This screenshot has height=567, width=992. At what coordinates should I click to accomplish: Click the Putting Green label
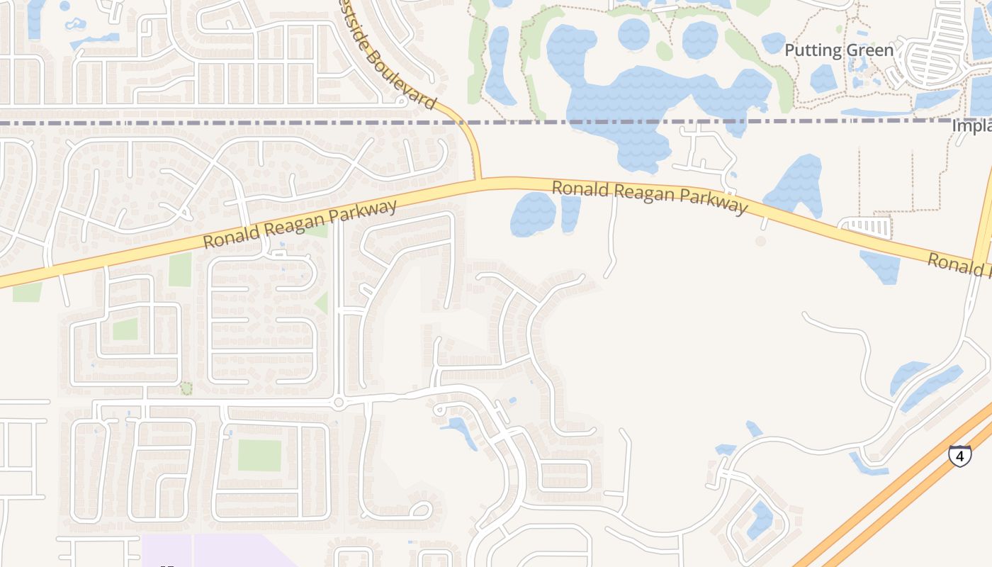(x=839, y=50)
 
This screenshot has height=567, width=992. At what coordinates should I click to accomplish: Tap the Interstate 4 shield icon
(x=959, y=456)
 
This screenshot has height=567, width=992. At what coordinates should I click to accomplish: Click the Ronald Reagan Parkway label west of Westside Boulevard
(x=300, y=225)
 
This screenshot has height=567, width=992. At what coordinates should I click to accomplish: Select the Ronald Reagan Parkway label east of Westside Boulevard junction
(x=649, y=196)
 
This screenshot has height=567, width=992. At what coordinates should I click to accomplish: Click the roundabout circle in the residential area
(x=338, y=403)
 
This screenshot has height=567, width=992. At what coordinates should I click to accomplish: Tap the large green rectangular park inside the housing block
(x=259, y=455)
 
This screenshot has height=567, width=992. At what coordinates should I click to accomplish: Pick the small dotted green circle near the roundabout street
(x=186, y=388)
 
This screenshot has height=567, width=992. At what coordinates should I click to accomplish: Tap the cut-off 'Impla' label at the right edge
(x=971, y=126)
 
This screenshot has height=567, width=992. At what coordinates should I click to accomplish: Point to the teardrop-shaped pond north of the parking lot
(x=797, y=184)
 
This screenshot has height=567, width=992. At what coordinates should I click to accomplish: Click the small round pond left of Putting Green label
(x=773, y=43)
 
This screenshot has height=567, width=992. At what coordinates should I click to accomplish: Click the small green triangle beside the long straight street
(x=322, y=303)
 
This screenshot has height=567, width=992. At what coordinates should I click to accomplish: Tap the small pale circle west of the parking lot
(x=760, y=241)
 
